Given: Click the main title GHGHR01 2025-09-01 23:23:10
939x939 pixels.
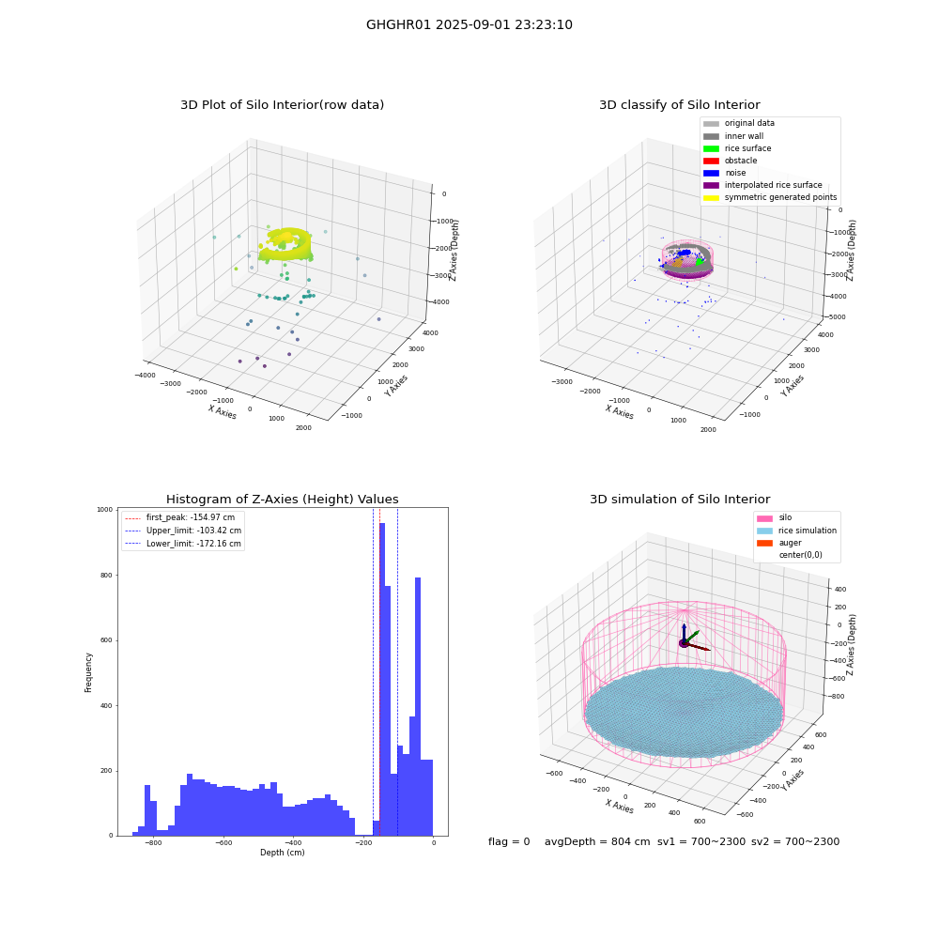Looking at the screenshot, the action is coord(469,24).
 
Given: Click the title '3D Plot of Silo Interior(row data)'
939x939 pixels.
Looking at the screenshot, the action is coord(282,105).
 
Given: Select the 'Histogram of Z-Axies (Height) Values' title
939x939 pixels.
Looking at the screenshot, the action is coord(282,499).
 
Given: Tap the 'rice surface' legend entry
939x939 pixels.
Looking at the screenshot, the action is coord(737,148).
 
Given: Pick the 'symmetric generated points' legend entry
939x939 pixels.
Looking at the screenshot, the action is coord(770,197).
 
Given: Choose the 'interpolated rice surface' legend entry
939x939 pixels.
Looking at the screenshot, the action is coord(762,185).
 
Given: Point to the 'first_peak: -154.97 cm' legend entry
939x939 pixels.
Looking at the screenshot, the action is coord(179,517).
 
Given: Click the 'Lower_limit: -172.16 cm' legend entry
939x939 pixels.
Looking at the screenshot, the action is coord(183,544).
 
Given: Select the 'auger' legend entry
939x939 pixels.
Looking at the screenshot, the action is coord(779,543).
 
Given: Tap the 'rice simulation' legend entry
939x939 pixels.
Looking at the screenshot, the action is coord(796,531).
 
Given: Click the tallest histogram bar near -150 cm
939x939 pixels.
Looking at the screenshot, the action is coord(382,679).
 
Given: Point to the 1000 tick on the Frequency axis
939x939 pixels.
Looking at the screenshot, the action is coord(105,510).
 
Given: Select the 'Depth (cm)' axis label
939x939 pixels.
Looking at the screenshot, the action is coord(282,853).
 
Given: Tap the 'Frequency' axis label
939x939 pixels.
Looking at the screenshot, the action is coord(88,672).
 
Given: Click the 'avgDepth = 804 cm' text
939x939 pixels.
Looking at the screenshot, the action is coord(597,841).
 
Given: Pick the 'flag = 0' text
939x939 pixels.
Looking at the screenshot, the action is coord(509,841).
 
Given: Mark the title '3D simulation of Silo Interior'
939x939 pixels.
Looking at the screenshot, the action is coord(680,499).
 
